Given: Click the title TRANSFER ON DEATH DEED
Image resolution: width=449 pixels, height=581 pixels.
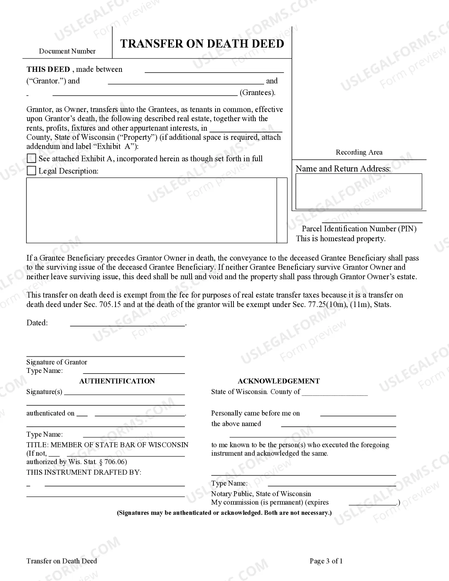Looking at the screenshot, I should tap(202, 44).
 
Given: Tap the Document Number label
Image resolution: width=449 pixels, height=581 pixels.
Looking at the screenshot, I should tap(67, 51).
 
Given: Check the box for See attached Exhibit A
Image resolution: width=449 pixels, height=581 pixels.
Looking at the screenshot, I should tap(31, 158).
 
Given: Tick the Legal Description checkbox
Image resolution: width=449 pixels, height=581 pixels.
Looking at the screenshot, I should tap(31, 171).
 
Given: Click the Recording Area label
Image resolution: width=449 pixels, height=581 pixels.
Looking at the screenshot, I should tap(359, 152).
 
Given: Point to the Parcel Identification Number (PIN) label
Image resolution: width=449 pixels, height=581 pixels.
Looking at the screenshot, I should tap(359, 229).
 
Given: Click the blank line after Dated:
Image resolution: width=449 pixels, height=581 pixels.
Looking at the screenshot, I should tap(127, 323).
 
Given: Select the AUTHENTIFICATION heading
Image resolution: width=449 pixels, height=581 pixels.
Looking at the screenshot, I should tap(117, 381).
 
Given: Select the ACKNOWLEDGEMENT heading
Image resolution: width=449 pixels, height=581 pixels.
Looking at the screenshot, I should tap(279, 381).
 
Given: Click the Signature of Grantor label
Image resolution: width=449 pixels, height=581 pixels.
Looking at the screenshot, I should tap(56, 362).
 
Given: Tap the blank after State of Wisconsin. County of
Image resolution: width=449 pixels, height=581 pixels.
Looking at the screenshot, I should tap(335, 392).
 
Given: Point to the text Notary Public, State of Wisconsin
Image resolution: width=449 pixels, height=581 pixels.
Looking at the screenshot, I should tap(261, 494).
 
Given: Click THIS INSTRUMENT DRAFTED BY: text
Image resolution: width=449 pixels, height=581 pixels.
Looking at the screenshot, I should tap(83, 472).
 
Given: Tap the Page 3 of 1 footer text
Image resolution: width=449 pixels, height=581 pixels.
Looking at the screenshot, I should tap(326, 561).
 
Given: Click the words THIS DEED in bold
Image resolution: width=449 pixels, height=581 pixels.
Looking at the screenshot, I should tap(48, 69).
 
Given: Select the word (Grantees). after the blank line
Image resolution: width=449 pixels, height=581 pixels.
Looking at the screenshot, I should tap(257, 93).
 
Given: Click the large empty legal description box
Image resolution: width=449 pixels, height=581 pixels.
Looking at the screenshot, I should tap(151, 210).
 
